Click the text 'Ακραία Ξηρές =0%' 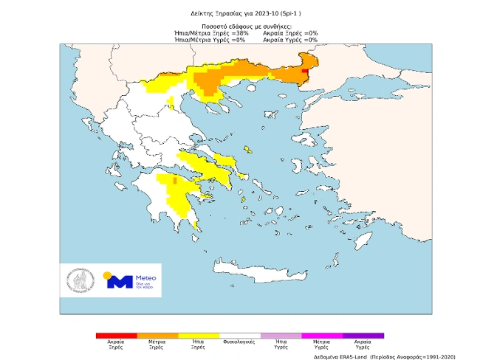point(290,33)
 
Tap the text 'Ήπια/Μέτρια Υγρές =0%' point(210,40)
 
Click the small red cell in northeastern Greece point(306,71)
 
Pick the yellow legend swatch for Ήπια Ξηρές point(199,336)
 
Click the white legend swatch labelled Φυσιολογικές point(240,336)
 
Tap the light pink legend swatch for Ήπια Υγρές point(281,336)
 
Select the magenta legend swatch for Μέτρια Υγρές point(322,336)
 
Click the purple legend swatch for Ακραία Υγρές point(363,336)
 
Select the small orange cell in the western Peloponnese point(174,179)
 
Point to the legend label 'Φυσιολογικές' point(240,342)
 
